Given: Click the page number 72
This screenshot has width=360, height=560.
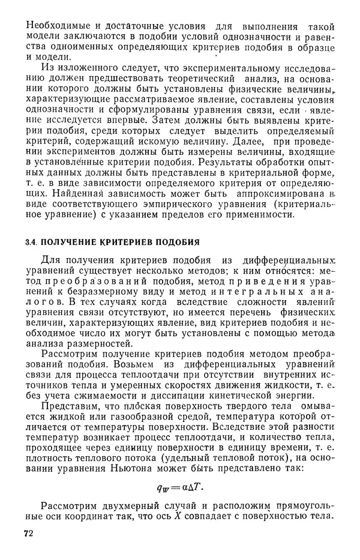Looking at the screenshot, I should coord(28,534).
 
